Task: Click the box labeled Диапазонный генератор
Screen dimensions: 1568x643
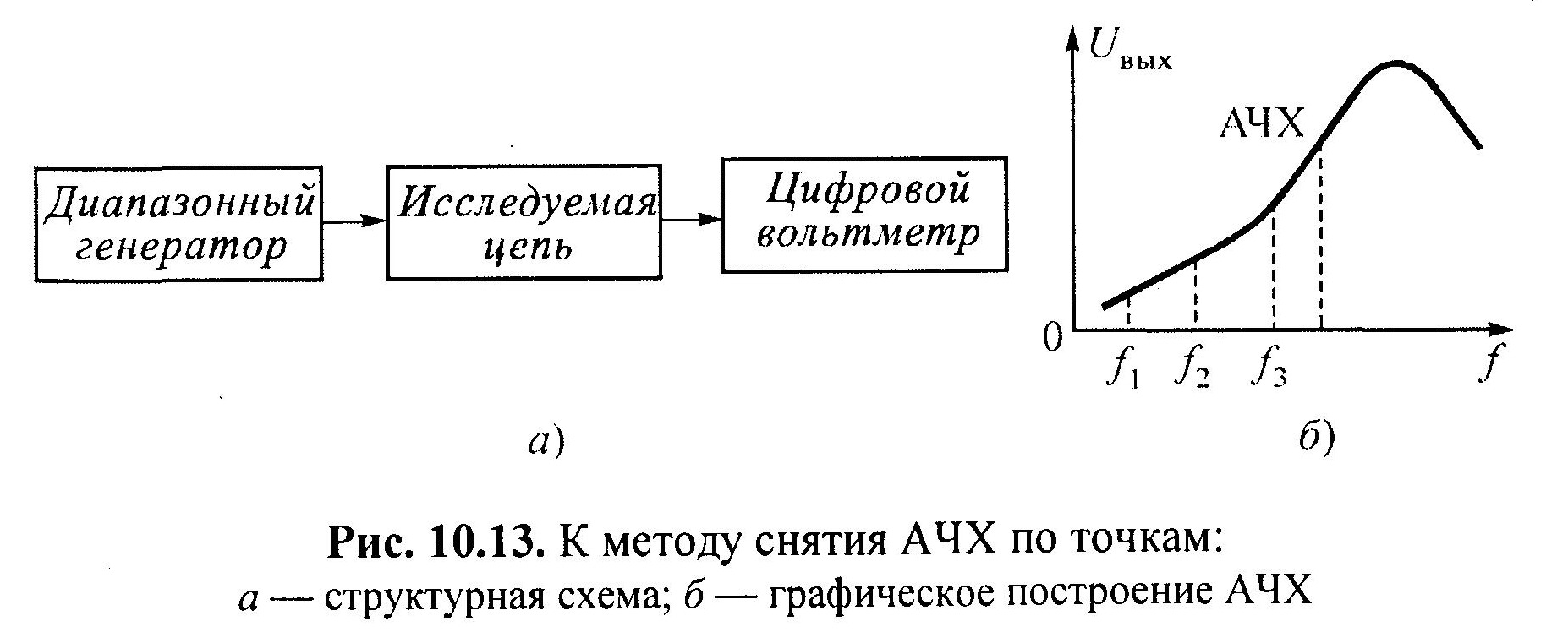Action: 178,224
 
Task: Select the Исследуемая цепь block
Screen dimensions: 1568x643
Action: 524,224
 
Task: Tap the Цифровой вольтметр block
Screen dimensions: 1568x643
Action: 863,214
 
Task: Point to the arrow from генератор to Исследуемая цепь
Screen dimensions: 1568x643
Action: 354,221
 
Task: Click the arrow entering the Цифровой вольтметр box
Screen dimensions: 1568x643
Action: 692,220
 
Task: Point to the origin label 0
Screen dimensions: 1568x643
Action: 1051,338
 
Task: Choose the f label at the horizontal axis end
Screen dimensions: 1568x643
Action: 1491,366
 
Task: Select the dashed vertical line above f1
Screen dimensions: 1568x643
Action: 1129,313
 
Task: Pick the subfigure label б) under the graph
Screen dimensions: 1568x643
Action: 1316,440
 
